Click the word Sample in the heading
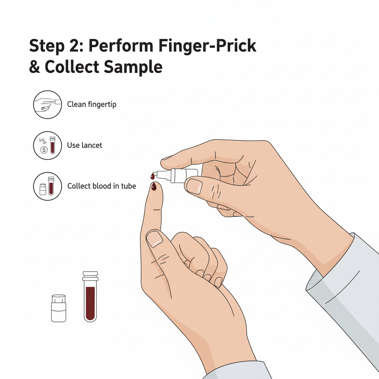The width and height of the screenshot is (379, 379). click(x=133, y=67)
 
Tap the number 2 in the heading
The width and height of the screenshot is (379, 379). click(x=76, y=46)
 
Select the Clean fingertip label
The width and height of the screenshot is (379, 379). click(x=92, y=104)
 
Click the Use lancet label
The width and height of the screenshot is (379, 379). click(x=84, y=145)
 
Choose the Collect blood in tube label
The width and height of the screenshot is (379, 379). click(x=101, y=186)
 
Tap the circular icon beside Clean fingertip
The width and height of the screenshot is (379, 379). click(x=47, y=105)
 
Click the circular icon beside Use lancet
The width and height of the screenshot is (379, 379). click(x=47, y=145)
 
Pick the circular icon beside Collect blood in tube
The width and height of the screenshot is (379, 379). click(x=47, y=187)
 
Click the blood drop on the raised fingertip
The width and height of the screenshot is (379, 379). click(x=154, y=187)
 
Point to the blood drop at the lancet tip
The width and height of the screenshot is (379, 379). click(x=152, y=176)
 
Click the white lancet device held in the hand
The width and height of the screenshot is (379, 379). click(x=178, y=175)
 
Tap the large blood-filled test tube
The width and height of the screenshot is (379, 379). click(x=90, y=296)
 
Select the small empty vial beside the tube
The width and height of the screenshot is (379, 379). click(x=59, y=308)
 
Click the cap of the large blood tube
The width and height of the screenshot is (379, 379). click(x=90, y=276)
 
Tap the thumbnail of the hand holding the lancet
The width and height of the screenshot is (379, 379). click(x=195, y=186)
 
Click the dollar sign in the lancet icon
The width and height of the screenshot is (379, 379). click(x=44, y=150)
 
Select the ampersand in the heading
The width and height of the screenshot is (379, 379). click(x=34, y=67)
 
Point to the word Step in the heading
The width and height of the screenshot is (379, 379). click(x=47, y=46)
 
